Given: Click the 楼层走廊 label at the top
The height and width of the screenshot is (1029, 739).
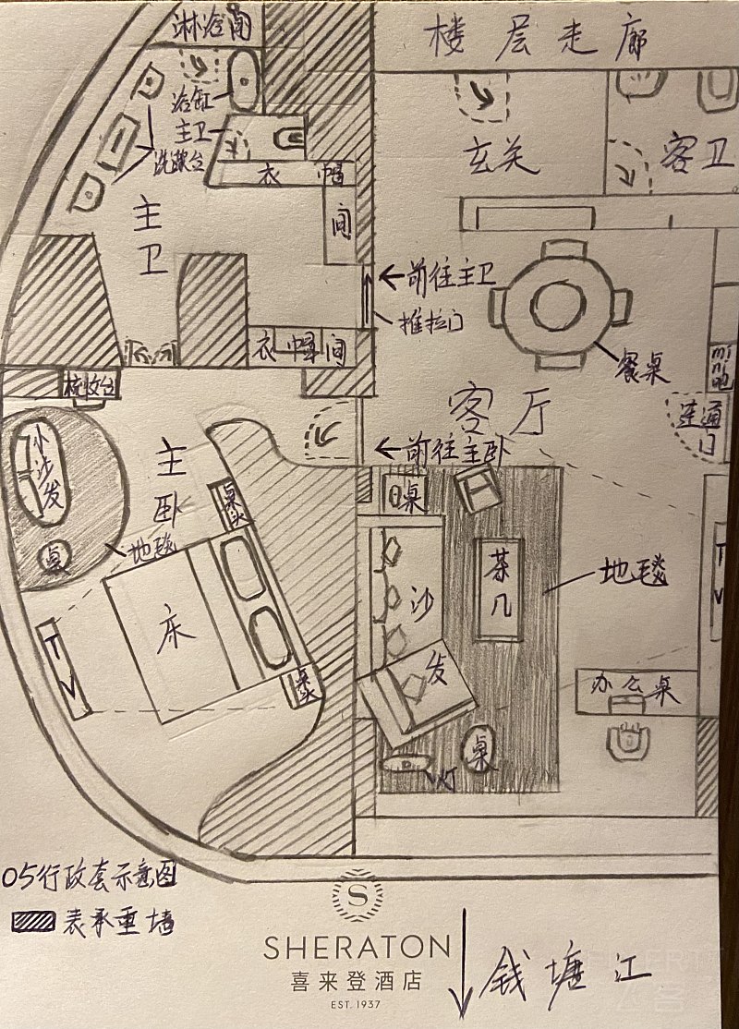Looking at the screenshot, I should click(535, 39).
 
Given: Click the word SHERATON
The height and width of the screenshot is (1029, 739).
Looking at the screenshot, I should click(357, 946).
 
